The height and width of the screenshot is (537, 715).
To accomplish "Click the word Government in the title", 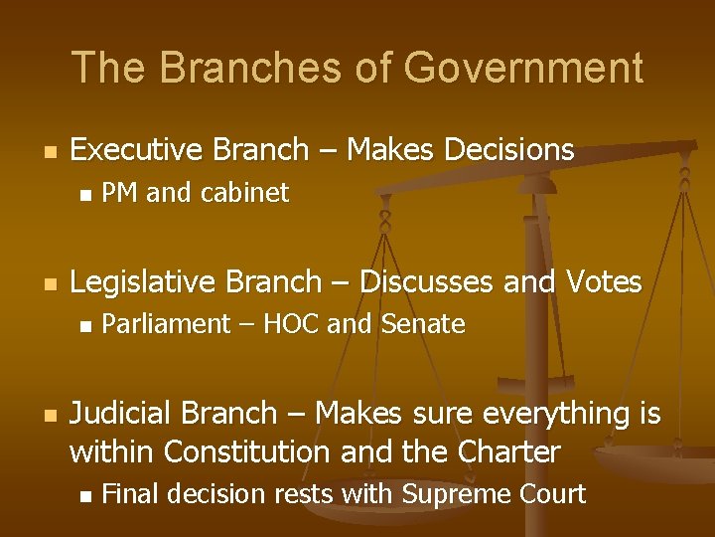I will pos(523,69).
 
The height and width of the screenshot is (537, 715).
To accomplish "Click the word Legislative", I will pos(142,282).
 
